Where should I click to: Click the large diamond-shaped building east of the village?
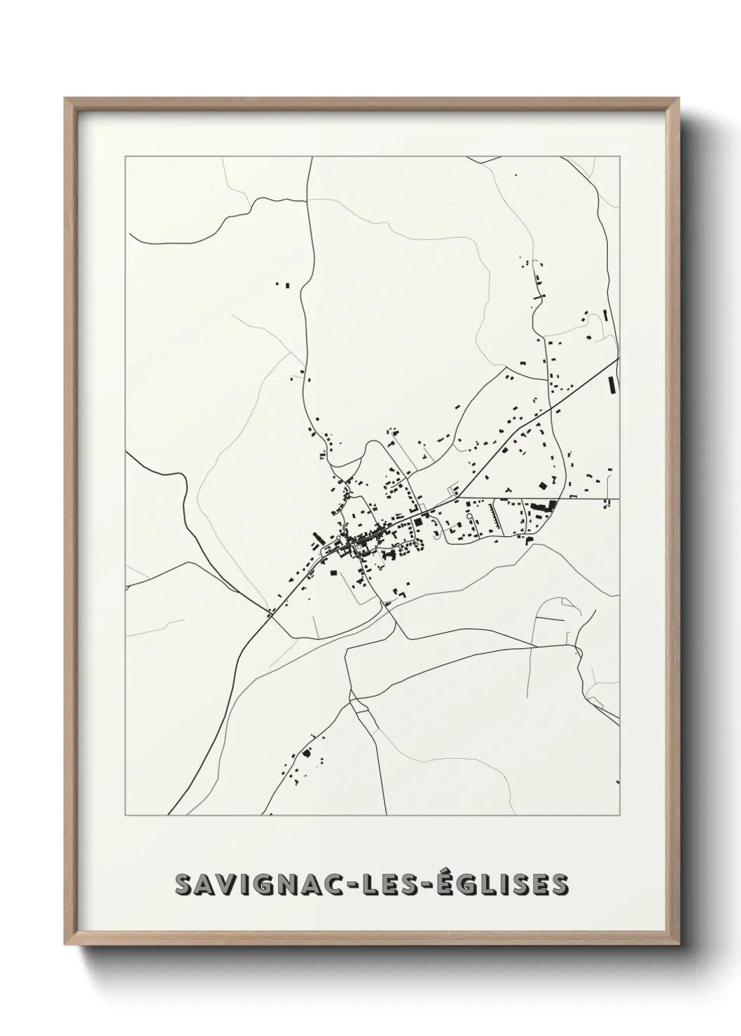tap(541, 484)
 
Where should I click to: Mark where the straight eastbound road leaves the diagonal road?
tap(459, 498)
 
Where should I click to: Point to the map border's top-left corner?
tap(125, 157)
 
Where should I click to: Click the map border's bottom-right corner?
tap(620, 815)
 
